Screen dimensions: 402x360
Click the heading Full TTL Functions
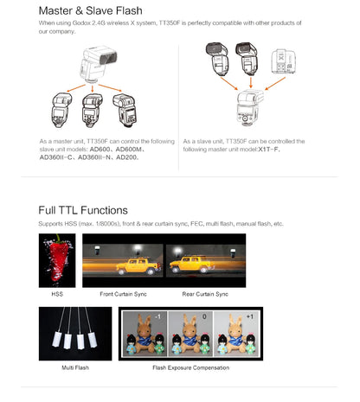(x=83, y=209)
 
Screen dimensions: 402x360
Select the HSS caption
(x=57, y=294)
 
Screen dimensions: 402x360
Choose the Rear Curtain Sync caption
(x=205, y=294)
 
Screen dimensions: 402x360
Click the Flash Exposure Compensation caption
(x=190, y=367)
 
